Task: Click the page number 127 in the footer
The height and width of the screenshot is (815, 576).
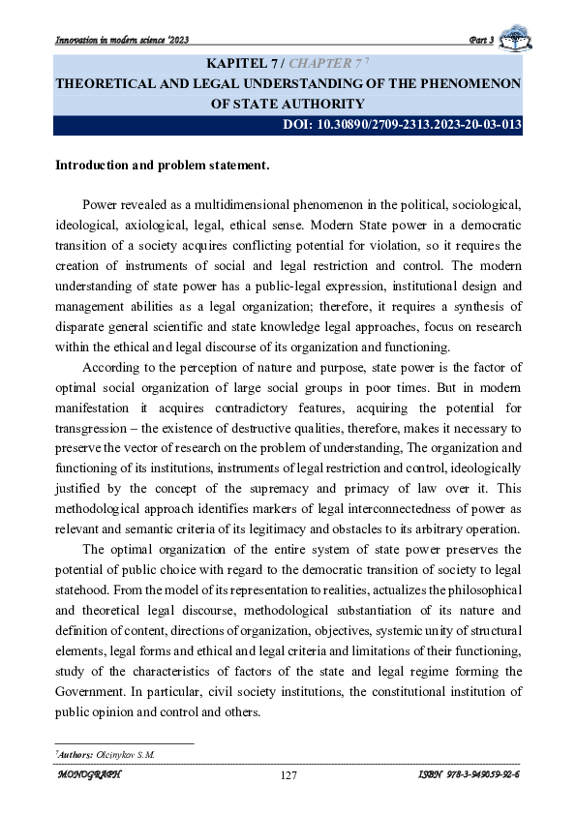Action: click(x=288, y=775)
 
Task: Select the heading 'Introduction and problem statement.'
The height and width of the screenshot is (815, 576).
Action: click(x=162, y=166)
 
